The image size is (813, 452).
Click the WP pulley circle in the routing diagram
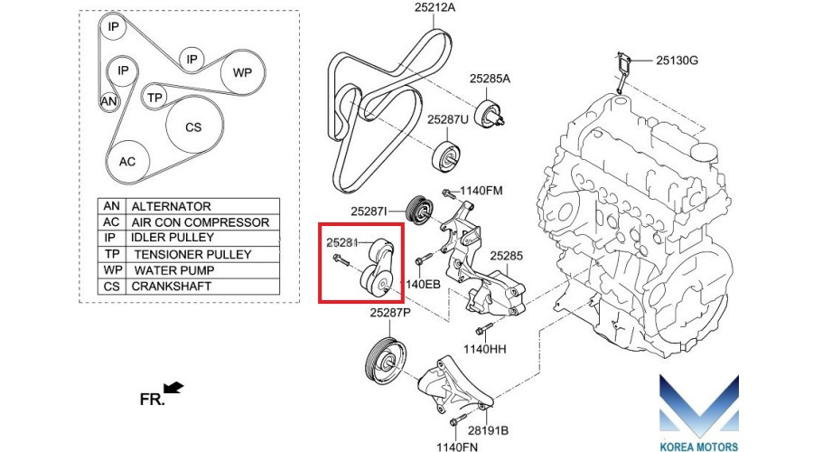pos(243,72)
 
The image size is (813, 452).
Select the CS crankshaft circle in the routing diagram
pos(193,127)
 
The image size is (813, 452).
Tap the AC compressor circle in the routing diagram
pos(127,161)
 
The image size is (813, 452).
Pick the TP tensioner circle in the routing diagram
pos(155,98)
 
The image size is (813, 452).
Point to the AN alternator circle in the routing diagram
pos(109,102)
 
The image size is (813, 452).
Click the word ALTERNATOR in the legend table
pos(171,206)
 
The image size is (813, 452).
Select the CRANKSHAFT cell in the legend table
pos(172,287)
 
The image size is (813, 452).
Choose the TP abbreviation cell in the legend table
pos(112,254)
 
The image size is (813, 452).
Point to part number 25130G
pos(677,61)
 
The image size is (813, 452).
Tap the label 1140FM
pos(481,191)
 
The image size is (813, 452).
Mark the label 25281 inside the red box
pos(342,243)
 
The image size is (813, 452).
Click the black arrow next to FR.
pos(173,389)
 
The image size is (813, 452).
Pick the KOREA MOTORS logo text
pos(701,445)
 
